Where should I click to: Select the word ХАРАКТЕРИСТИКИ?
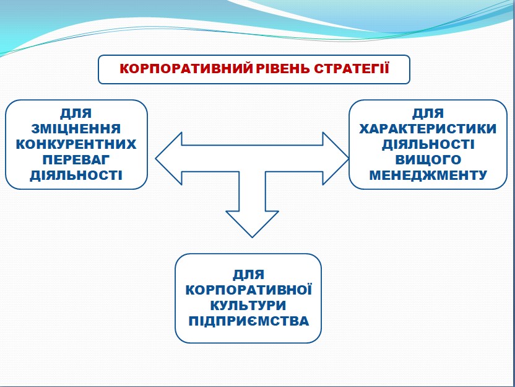[x=428, y=129]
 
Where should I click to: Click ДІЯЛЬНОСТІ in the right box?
[x=428, y=145]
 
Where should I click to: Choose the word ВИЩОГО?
[x=428, y=159]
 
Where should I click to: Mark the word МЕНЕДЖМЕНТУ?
[x=428, y=175]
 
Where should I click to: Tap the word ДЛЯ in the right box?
[x=428, y=113]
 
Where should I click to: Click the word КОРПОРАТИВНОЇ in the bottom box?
[x=248, y=290]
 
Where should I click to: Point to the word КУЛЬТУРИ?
[x=248, y=306]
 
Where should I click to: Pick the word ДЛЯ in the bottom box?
[x=248, y=275]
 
